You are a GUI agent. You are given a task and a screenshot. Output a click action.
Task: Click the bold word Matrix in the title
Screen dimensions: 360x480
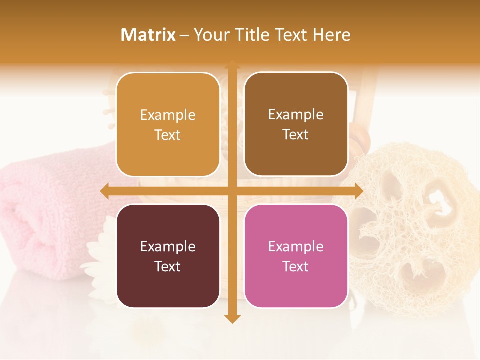tap(148, 35)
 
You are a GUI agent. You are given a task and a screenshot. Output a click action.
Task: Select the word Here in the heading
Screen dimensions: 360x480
tap(331, 35)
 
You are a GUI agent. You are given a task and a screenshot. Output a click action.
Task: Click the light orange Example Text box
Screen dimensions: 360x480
tap(168, 124)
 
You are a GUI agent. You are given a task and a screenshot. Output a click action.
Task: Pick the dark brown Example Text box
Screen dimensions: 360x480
tap(296, 124)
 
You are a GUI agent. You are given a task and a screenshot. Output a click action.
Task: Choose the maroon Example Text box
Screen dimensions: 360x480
tap(168, 256)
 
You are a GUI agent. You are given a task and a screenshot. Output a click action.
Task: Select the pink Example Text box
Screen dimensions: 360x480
tap(296, 256)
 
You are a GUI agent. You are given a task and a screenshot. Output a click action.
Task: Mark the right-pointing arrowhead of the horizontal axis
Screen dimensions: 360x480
tap(358, 191)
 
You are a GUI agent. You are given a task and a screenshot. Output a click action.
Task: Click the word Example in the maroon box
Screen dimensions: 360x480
tap(168, 246)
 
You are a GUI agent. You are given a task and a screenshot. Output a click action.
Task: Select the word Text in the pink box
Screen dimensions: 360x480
tap(296, 266)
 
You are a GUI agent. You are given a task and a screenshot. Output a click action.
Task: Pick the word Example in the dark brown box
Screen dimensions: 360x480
tap(296, 114)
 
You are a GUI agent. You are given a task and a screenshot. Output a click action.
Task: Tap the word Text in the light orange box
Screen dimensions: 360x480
tap(168, 135)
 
